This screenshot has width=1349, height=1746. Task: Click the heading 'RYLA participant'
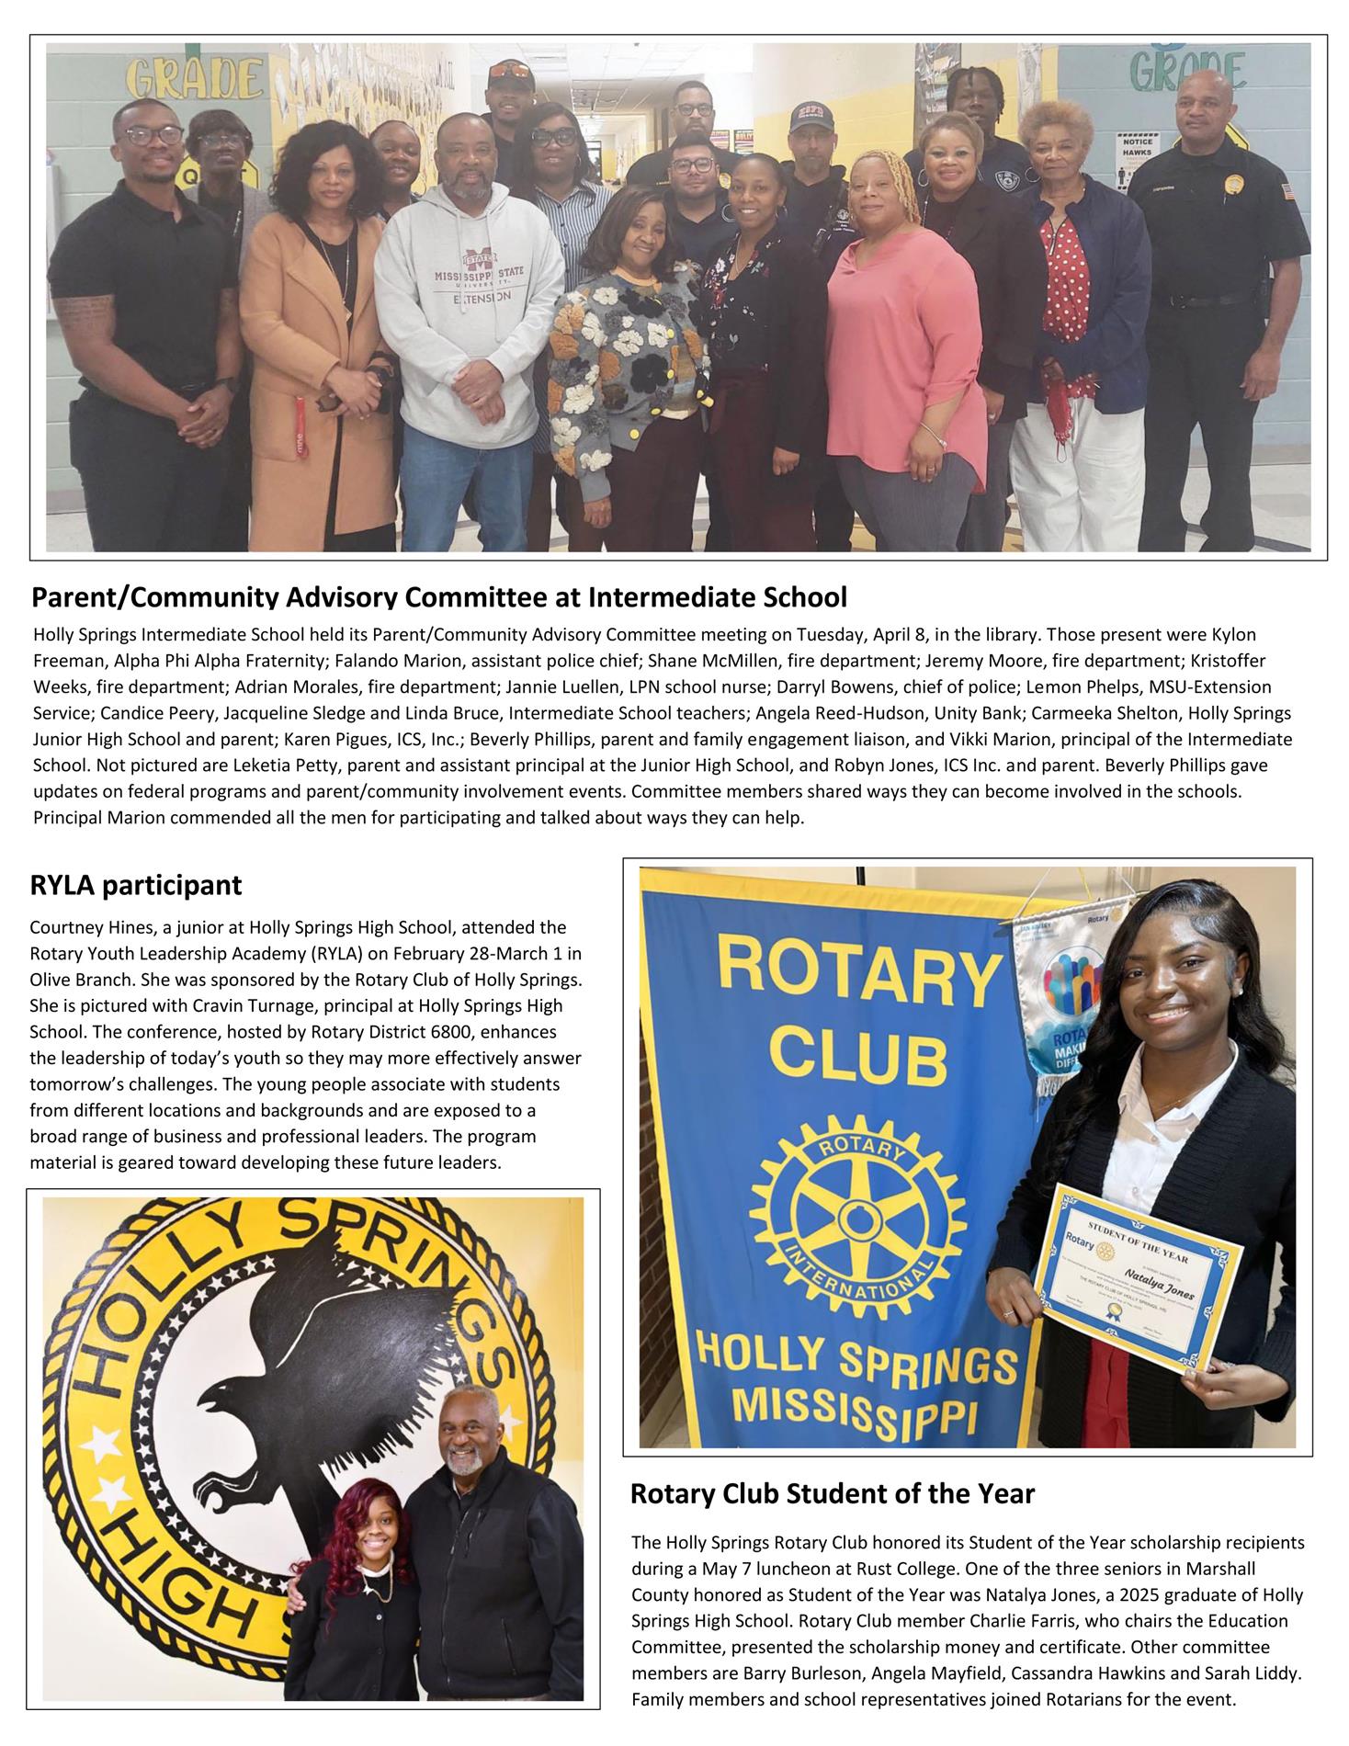[x=136, y=885]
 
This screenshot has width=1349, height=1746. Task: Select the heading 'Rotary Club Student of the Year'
[x=832, y=1493]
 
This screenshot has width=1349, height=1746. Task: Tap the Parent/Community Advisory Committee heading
[x=438, y=597]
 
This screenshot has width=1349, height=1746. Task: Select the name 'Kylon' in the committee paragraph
[x=1234, y=635]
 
